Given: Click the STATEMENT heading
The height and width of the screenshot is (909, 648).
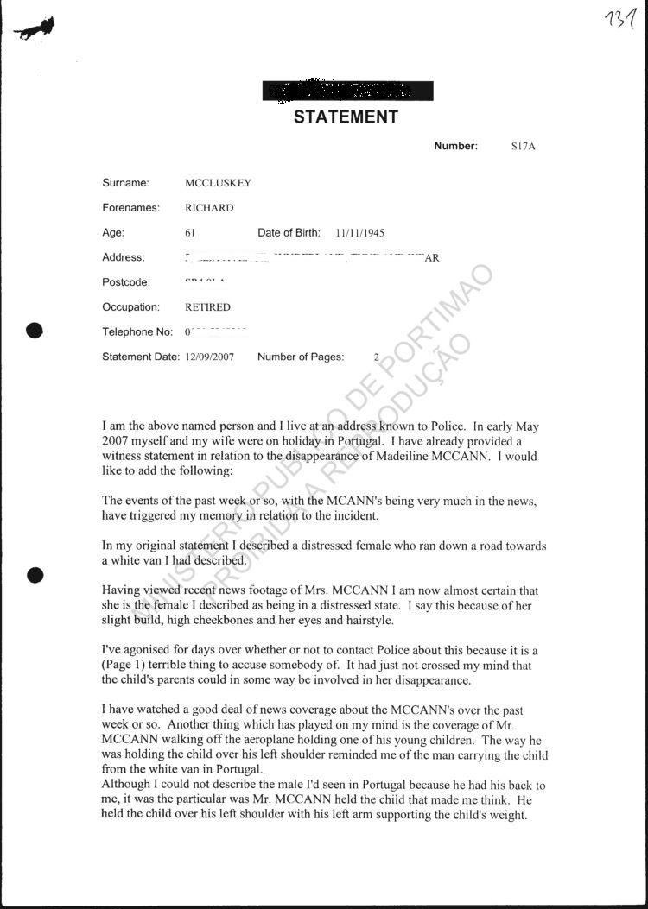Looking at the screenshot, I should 346,117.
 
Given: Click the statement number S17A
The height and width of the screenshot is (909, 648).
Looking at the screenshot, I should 523,147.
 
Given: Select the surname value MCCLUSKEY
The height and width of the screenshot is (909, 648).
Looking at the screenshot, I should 218,183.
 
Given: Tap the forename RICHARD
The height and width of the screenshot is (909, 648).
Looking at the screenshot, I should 209,208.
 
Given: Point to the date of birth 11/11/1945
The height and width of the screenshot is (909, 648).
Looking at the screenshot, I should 359,233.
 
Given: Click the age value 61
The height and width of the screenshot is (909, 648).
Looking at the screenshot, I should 190,233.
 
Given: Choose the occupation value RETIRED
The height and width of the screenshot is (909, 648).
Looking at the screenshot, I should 207,307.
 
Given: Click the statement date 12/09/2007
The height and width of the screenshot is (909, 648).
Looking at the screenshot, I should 209,357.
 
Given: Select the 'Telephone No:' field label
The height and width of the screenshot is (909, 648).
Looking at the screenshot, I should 138,332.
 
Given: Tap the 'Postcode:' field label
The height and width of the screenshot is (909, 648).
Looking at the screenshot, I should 126,282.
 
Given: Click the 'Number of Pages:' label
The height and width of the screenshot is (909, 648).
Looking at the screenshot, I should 301,357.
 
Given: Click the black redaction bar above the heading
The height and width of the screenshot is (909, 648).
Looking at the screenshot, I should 347,91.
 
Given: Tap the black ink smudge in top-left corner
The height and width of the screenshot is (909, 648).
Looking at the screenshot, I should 35,29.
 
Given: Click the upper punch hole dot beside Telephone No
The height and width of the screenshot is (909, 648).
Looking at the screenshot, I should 35,330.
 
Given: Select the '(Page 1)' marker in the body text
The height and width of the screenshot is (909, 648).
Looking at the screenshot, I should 126,666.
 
